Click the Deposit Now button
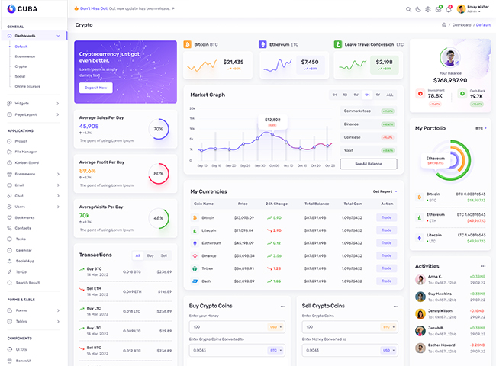click(96, 88)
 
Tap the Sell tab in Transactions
click(163, 255)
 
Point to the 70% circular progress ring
click(158, 129)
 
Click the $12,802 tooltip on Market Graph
click(272, 120)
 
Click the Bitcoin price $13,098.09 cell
click(245, 217)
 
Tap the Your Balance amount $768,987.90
click(450, 80)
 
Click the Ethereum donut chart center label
click(436, 160)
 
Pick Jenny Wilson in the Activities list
click(441, 311)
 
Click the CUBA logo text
click(27, 9)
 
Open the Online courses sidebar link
click(27, 86)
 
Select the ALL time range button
click(390, 95)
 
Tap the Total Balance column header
click(316, 204)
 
